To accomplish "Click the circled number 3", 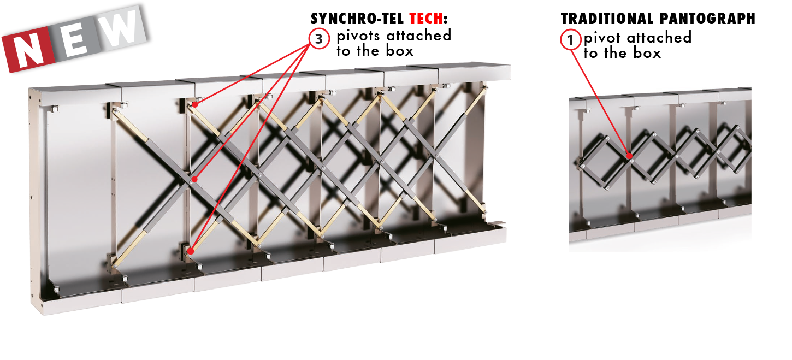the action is [x=319, y=39].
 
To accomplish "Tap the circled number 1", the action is [x=570, y=40].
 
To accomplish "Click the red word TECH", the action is [x=425, y=19].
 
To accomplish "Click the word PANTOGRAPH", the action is [x=707, y=19].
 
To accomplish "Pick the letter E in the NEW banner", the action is [x=75, y=40].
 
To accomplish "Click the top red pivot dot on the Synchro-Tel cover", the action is [x=195, y=105].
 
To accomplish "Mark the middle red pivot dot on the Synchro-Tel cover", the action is [x=194, y=180].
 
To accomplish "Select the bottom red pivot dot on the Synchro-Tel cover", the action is [x=191, y=251].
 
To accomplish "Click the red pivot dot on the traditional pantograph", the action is [x=629, y=156].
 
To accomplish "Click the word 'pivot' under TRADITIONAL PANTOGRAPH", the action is [x=602, y=38].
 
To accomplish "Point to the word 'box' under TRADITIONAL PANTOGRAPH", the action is [x=647, y=53].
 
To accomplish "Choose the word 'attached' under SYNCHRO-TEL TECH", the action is [x=419, y=36].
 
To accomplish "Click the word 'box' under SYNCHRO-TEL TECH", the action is [x=399, y=51].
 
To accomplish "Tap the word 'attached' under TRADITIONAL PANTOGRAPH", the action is [x=659, y=37].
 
